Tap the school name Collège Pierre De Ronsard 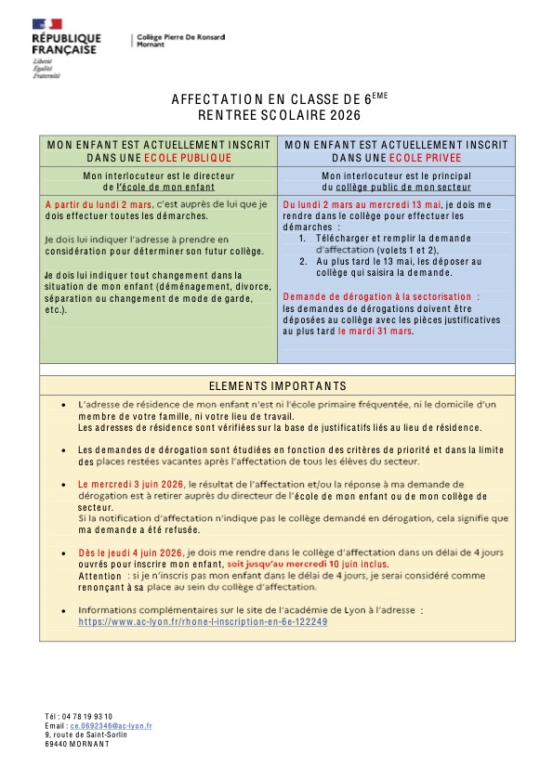coord(180,36)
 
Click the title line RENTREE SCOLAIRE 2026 coord(278,115)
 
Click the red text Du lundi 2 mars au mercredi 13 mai coord(362,203)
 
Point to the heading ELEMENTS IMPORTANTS coord(278,386)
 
